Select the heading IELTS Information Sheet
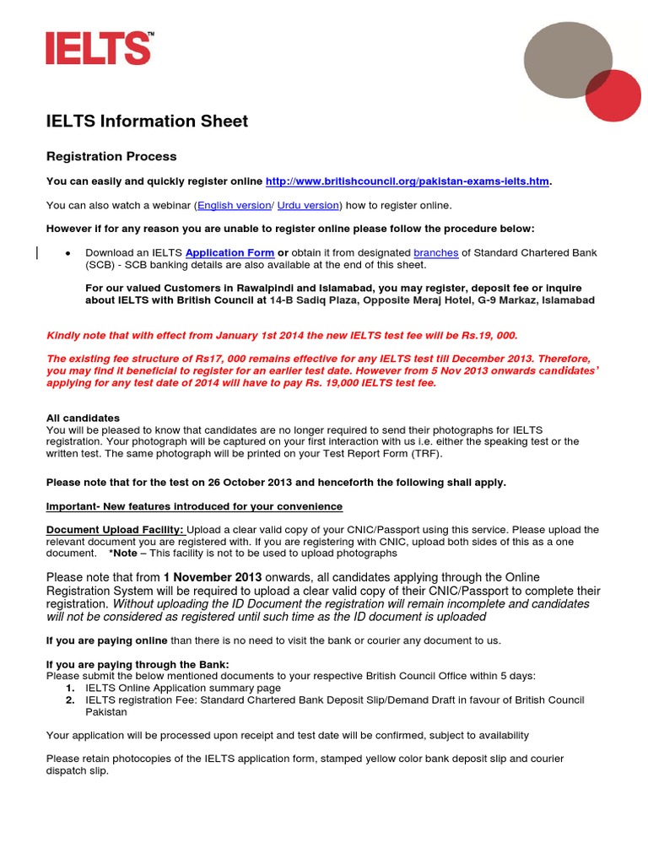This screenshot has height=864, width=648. point(147,121)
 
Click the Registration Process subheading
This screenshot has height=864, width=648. point(111,157)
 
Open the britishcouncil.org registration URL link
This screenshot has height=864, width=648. point(407,181)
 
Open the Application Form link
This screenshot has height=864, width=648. point(229,252)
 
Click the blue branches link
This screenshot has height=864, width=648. point(436,252)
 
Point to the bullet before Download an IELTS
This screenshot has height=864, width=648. point(67,253)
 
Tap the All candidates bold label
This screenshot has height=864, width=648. point(83,418)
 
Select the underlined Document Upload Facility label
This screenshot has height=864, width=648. point(114,530)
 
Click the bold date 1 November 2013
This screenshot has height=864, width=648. point(215,577)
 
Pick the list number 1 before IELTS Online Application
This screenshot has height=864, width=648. point(70,688)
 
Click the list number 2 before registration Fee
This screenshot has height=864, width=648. point(70,700)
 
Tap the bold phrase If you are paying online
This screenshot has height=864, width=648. point(106,640)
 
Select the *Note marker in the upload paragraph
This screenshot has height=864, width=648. point(123,553)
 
